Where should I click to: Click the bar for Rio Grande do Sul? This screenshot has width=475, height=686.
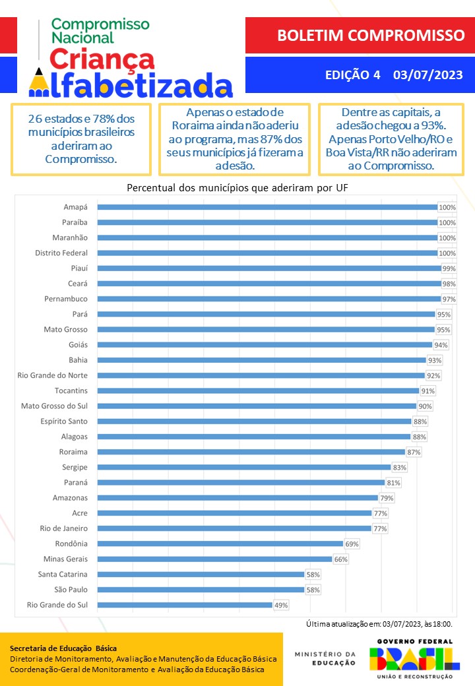pyautogui.click(x=185, y=604)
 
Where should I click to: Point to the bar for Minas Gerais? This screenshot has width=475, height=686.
pyautogui.click(x=214, y=559)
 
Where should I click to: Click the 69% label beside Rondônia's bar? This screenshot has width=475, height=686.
pyautogui.click(x=352, y=544)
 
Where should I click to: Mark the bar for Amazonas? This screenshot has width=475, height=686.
pyautogui.click(x=237, y=497)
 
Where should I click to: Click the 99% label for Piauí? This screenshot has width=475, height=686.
pyautogui.click(x=449, y=268)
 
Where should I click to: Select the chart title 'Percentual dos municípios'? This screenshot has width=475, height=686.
pyautogui.click(x=237, y=188)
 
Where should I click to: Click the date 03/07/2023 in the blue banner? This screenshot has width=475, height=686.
pyautogui.click(x=427, y=75)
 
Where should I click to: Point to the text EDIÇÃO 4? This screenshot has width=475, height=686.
pyautogui.click(x=353, y=75)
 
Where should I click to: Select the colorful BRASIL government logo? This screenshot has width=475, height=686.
pyautogui.click(x=414, y=658)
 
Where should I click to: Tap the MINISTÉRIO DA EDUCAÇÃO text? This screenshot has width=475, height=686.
pyautogui.click(x=325, y=658)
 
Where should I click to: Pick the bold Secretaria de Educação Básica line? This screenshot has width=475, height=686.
pyautogui.click(x=63, y=648)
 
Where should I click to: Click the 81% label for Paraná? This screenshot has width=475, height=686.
pyautogui.click(x=393, y=482)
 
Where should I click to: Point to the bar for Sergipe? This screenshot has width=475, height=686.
pyautogui.click(x=244, y=467)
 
